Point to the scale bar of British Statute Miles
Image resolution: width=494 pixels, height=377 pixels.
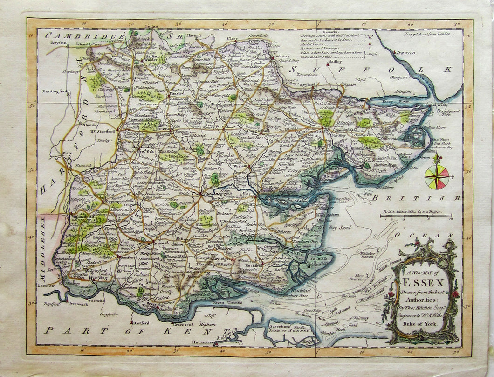415,216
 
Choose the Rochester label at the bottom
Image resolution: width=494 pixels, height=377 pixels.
202,342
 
